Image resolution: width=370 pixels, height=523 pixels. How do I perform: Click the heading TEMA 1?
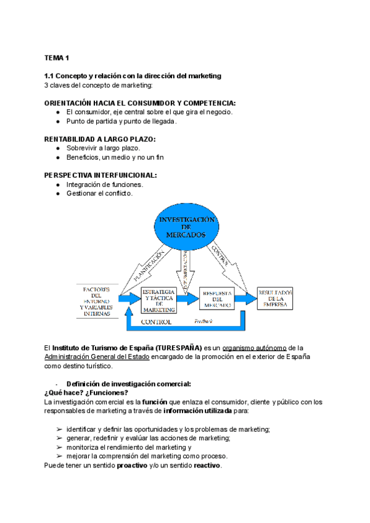pos(57,57)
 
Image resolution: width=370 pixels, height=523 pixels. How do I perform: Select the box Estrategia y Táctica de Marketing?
pos(158,299)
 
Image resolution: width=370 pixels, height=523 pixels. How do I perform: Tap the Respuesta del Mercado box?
pos(216,299)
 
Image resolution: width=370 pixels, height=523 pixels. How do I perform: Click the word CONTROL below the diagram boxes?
pos(157,323)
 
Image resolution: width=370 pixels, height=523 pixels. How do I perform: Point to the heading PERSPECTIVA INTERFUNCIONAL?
pos(101,175)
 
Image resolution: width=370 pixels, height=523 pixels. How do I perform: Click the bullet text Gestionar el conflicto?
pos(99,193)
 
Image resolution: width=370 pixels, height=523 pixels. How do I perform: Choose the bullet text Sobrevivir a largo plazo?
pos(103,148)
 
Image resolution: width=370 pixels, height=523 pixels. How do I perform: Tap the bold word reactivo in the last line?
pos(207,466)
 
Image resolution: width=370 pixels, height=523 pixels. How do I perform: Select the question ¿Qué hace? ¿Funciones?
pos(86,393)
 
